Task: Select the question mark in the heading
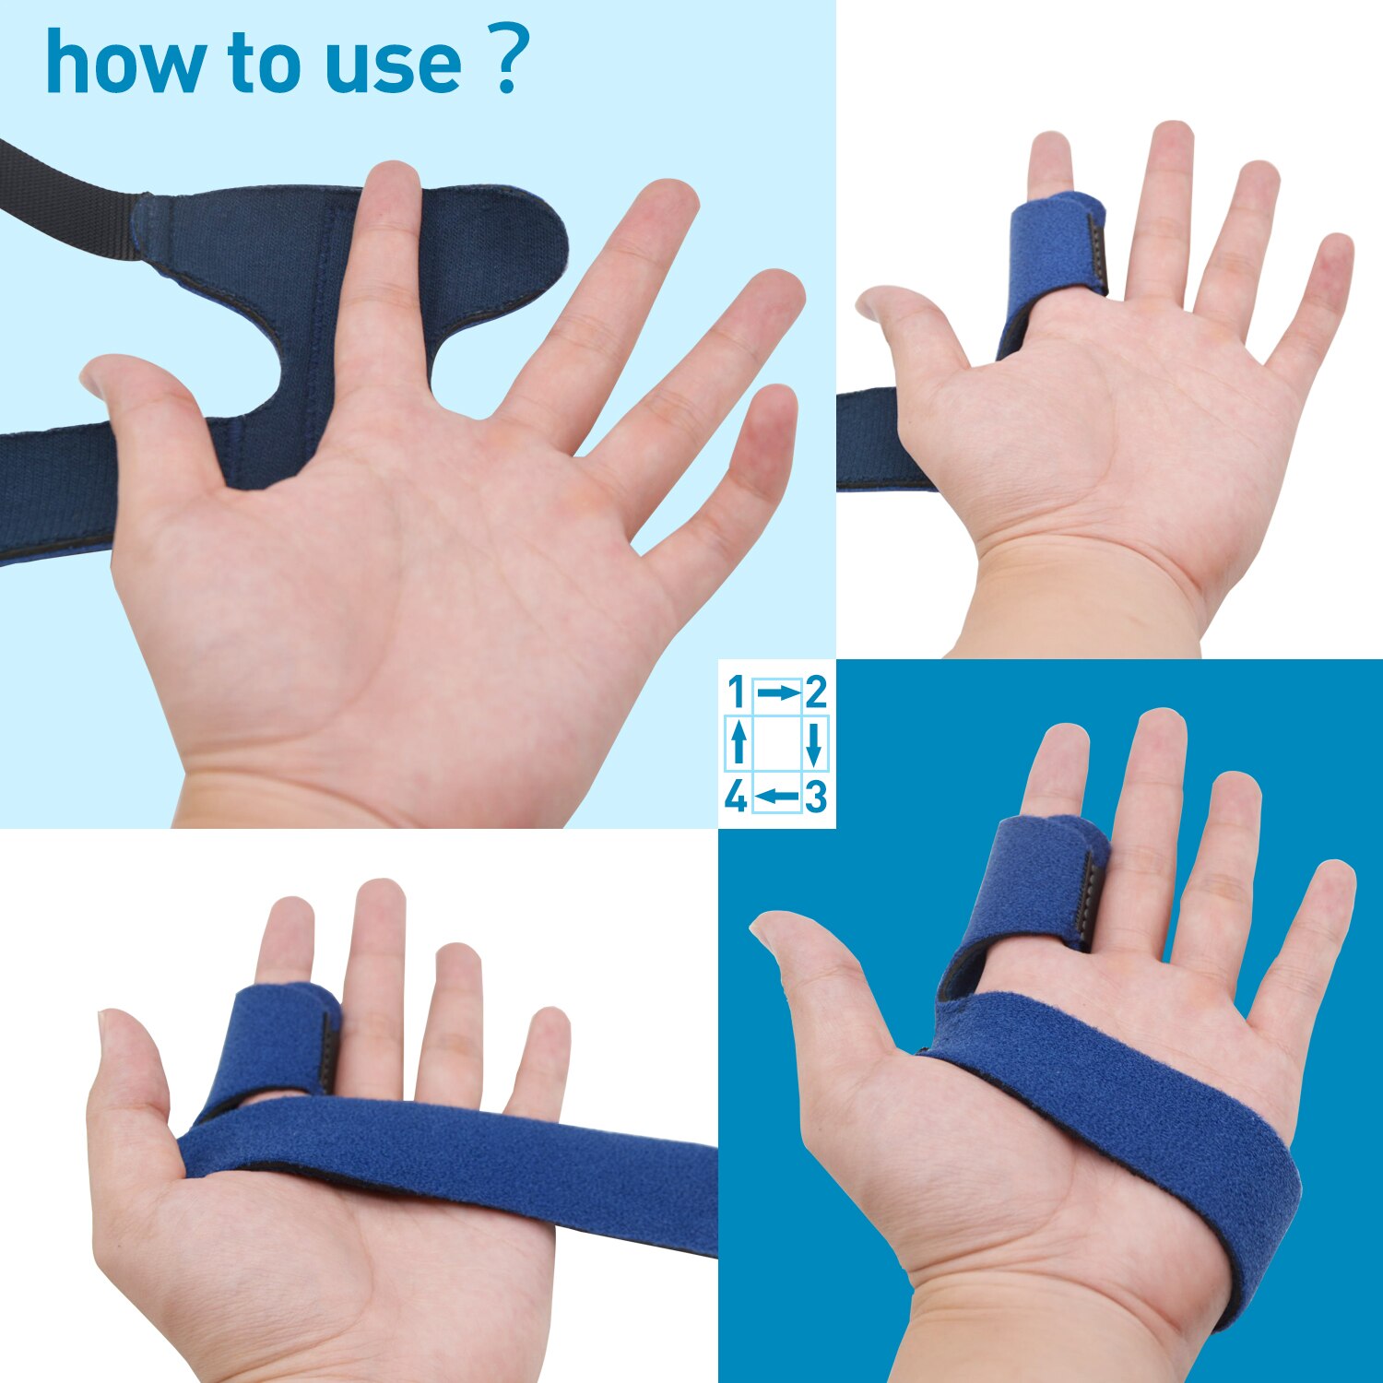point(506,60)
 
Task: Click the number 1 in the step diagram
point(736,691)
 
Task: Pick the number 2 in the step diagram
point(815,691)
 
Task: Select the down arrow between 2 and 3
point(813,744)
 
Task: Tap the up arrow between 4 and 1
point(738,744)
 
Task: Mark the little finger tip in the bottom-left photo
point(551,1023)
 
